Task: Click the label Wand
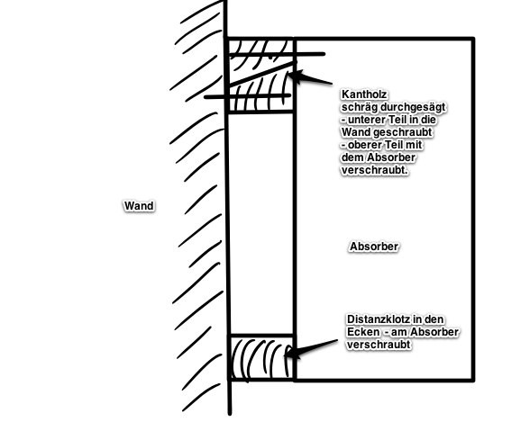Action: tap(139, 206)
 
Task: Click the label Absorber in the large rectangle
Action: tap(374, 247)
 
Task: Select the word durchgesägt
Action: tap(413, 107)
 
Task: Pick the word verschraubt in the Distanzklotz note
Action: tap(379, 345)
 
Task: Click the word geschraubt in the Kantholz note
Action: tap(403, 132)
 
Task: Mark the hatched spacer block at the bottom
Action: tap(261, 357)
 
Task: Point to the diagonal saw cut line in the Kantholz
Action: tap(261, 74)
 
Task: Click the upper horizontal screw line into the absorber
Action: tap(278, 54)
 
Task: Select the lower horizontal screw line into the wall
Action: tap(247, 96)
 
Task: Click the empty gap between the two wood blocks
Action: tap(261, 224)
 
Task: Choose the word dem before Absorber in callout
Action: tap(353, 157)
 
